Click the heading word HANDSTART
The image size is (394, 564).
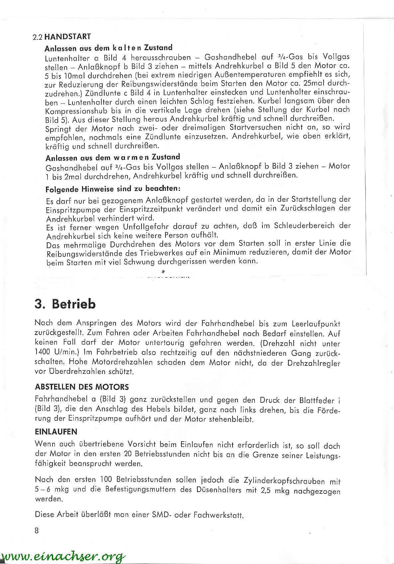[67, 37]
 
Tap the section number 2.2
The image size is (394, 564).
[38, 37]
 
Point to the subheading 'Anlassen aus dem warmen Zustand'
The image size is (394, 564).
[113, 157]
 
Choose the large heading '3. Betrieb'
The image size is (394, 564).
[65, 304]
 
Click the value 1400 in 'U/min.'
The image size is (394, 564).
[42, 352]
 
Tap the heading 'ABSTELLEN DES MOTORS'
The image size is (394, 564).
[82, 387]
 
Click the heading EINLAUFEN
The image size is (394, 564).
[56, 432]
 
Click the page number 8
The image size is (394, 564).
[37, 530]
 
